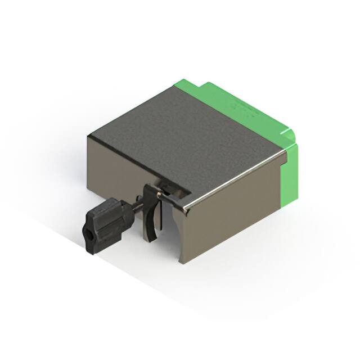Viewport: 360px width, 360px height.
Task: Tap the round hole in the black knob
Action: [x=88, y=230]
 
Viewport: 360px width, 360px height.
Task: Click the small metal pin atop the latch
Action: [x=159, y=194]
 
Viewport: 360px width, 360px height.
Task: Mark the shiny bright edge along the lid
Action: [x=236, y=177]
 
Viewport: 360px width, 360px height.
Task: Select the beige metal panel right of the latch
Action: [x=231, y=219]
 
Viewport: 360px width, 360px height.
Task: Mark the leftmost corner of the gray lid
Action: [x=88, y=136]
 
